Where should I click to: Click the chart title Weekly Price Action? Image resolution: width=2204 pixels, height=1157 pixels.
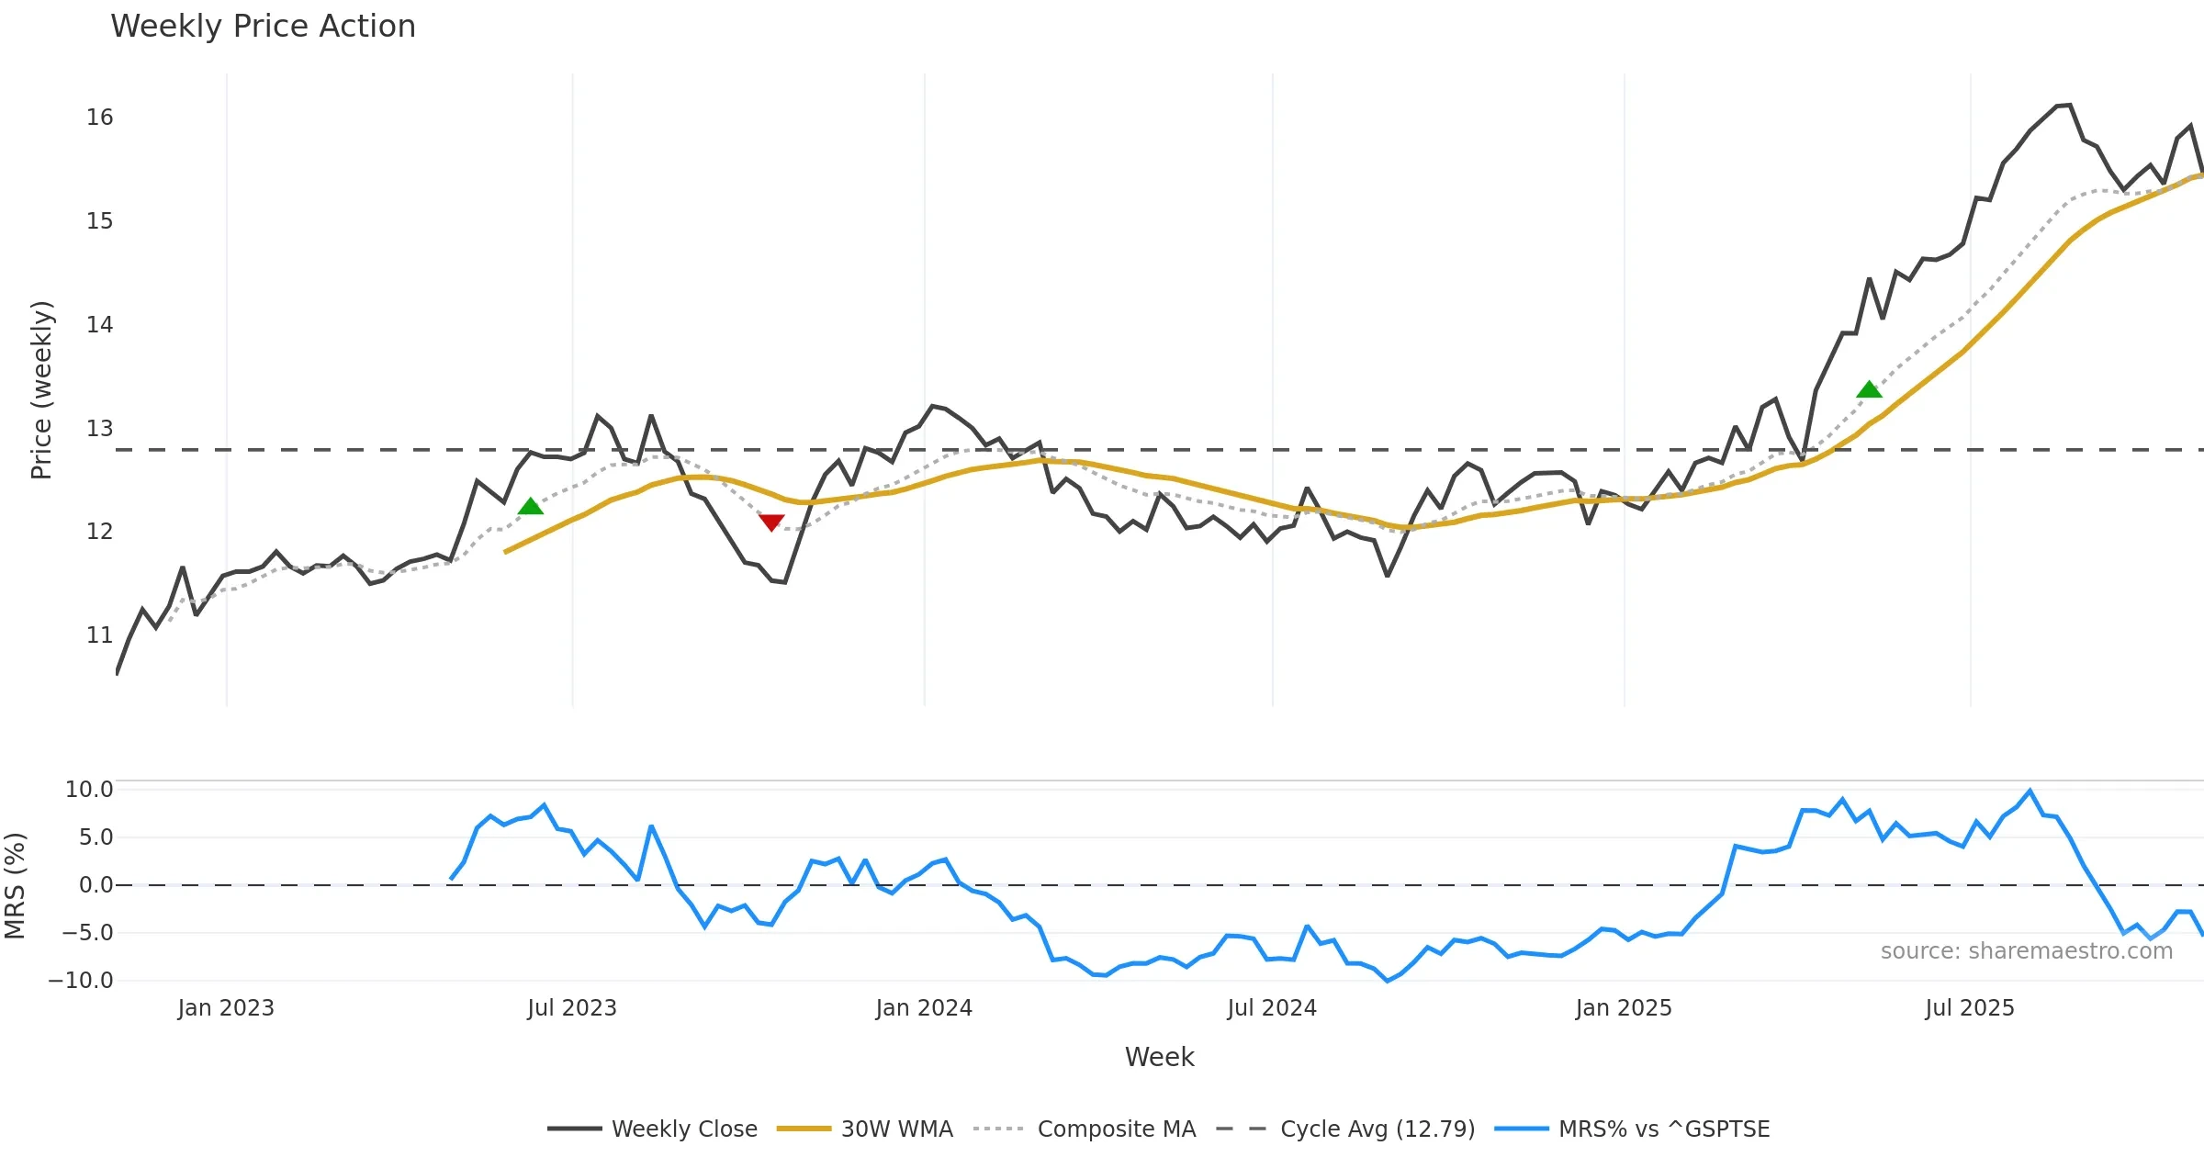(x=263, y=27)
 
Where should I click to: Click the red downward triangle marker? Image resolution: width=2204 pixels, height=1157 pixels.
(x=771, y=522)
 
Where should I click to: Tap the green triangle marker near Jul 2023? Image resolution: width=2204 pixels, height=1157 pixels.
(x=531, y=506)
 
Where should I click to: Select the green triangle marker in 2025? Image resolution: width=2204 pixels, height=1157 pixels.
(x=1869, y=389)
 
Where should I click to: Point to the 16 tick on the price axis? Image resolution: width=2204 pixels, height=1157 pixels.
(x=99, y=118)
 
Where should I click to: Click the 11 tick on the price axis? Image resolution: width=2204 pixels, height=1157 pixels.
(x=99, y=635)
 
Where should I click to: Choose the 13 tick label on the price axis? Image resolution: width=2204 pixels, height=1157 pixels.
(x=99, y=429)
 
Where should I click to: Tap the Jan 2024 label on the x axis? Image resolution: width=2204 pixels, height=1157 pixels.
(x=924, y=1008)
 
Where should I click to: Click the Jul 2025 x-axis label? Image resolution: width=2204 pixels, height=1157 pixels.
(x=1970, y=1008)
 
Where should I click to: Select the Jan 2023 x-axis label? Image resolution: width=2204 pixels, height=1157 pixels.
(x=226, y=1008)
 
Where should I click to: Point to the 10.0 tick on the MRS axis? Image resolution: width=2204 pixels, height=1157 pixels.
(x=89, y=790)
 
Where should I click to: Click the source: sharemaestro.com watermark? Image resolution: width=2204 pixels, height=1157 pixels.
(x=2026, y=951)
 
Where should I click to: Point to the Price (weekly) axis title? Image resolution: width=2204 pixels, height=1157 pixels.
(x=41, y=390)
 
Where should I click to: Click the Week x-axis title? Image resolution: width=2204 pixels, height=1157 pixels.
(x=1159, y=1058)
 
